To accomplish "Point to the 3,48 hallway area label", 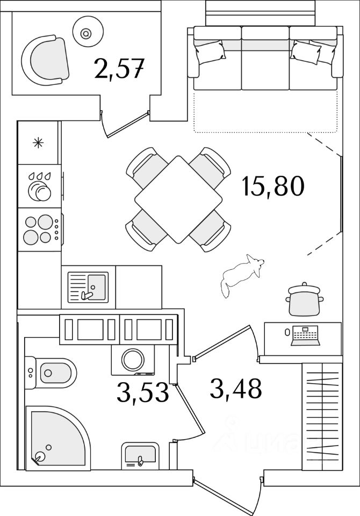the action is [x=236, y=388].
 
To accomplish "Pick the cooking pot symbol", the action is [x=306, y=300].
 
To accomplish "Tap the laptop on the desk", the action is [x=306, y=336].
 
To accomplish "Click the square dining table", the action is [x=178, y=199].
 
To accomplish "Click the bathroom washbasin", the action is [x=140, y=454].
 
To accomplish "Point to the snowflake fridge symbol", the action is [x=38, y=142].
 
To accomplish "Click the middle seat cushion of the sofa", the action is [x=265, y=59].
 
